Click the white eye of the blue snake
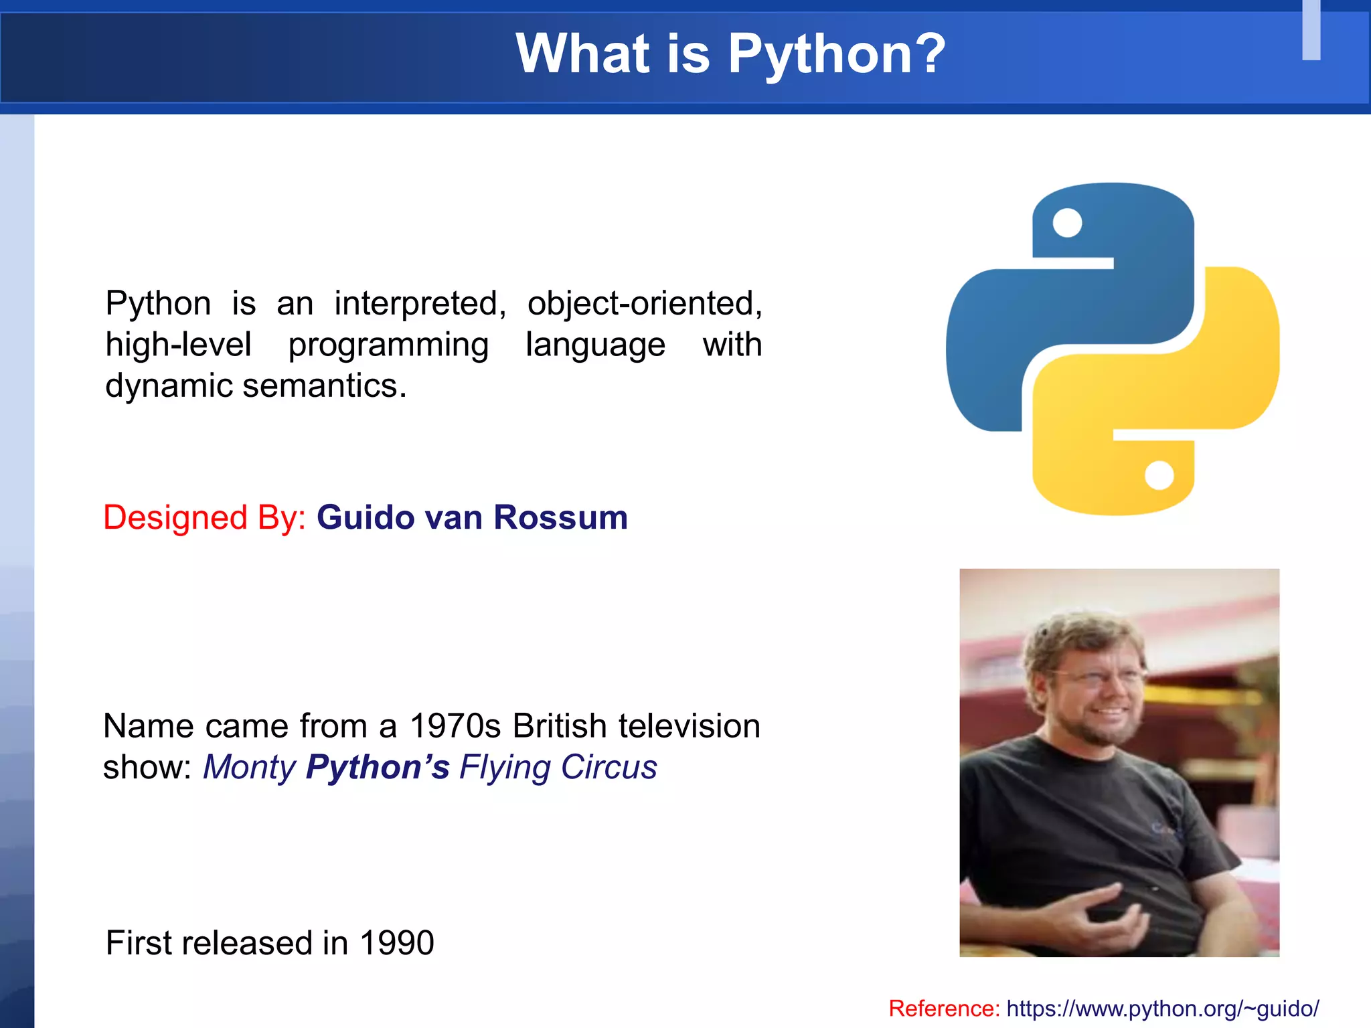tap(1067, 223)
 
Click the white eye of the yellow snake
tap(1159, 476)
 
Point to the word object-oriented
tap(644, 304)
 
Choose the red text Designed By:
tap(204, 518)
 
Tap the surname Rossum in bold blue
tap(560, 518)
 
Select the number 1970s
tap(455, 726)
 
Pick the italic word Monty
tap(249, 768)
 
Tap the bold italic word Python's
tap(378, 768)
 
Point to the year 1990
tap(397, 943)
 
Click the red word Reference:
tap(944, 1009)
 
